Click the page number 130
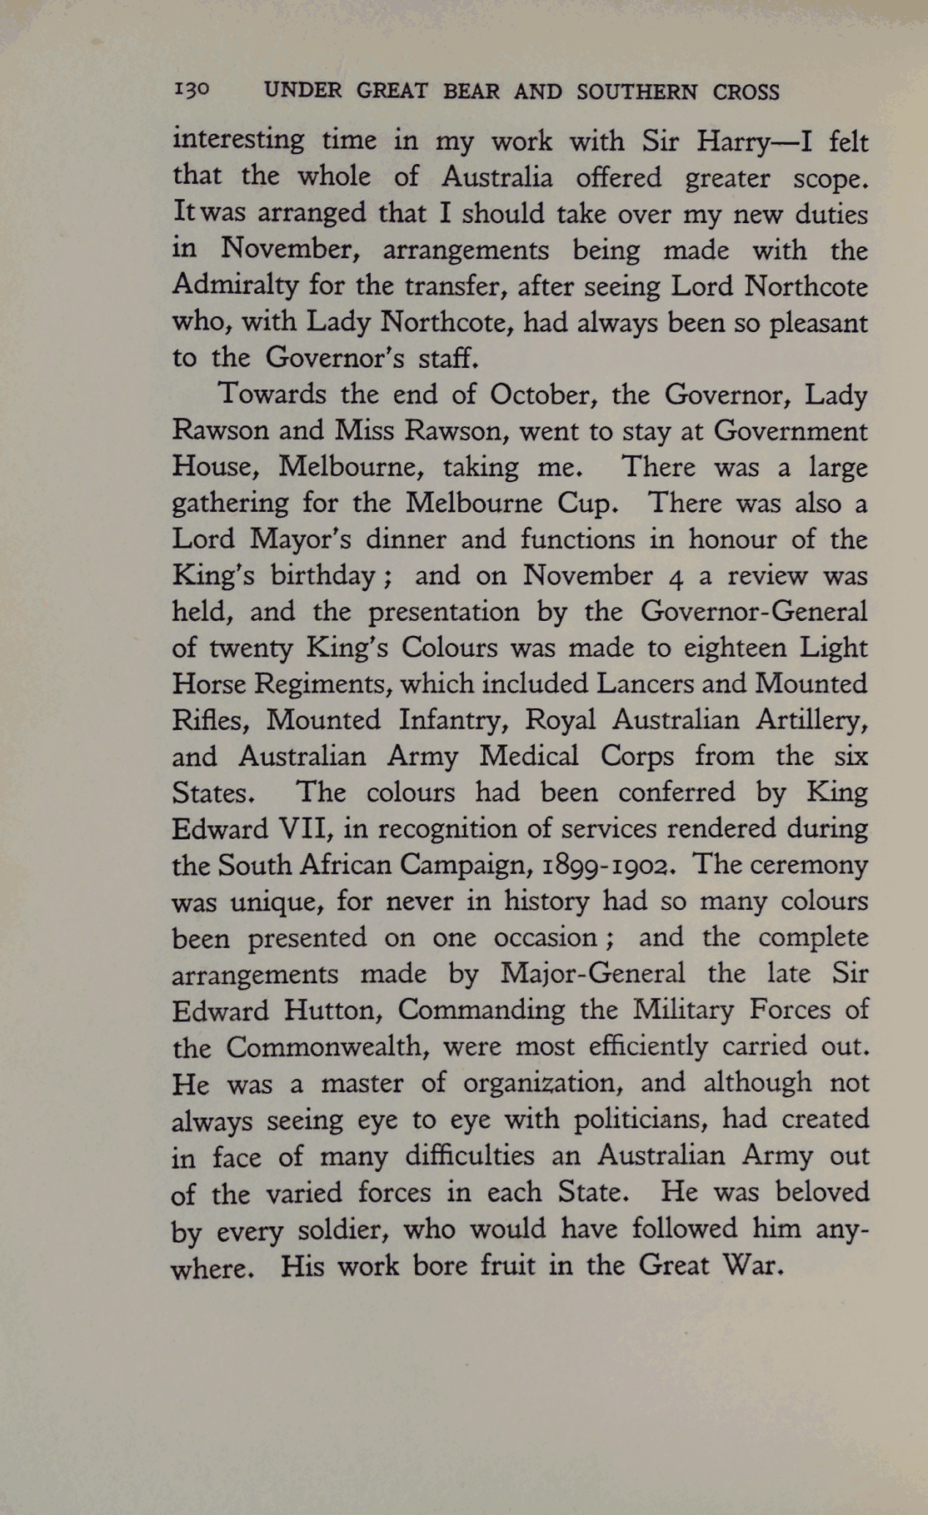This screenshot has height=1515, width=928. point(193,91)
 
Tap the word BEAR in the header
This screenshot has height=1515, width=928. point(471,92)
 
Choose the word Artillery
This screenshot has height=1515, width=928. point(811,720)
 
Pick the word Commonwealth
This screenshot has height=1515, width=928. point(326,1046)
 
